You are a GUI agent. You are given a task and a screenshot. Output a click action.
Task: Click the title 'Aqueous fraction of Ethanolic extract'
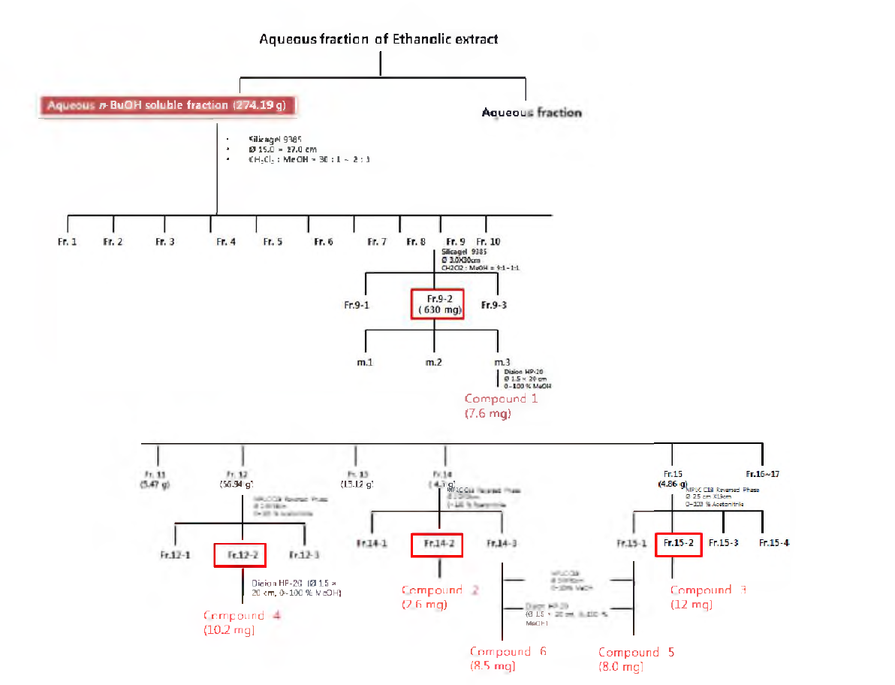tap(378, 38)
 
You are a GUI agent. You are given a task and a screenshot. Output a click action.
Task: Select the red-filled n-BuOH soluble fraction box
tap(167, 105)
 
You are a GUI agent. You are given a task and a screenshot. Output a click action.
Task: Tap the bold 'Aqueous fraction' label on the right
tap(531, 113)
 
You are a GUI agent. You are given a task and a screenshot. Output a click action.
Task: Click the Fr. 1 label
tap(68, 242)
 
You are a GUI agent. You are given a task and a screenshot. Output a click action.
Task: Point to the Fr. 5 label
tap(273, 242)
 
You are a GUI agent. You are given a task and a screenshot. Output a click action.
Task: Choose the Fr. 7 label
tap(377, 242)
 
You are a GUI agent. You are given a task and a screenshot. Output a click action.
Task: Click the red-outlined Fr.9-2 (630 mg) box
tap(438, 303)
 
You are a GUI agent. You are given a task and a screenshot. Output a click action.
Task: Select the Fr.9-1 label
tap(357, 305)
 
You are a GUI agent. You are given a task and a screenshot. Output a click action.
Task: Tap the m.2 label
tap(433, 362)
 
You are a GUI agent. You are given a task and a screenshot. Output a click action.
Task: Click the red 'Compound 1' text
tap(501, 399)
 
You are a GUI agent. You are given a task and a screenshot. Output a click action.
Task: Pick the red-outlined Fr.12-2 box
tap(237, 555)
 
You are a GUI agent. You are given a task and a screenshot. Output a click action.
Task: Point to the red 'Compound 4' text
tap(234, 615)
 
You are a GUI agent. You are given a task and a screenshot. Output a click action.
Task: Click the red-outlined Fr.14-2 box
tap(436, 544)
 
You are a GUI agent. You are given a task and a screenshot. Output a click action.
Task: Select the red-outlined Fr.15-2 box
tap(678, 543)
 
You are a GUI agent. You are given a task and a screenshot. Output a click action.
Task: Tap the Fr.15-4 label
tap(773, 543)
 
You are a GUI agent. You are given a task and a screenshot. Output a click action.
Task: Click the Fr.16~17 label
tap(763, 474)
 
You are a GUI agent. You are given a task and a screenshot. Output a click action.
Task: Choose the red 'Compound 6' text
tap(508, 651)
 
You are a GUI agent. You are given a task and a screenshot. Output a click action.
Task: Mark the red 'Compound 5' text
tap(636, 652)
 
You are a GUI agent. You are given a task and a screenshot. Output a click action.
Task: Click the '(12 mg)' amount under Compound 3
tap(691, 605)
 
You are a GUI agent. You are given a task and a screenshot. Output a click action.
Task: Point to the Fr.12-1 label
tap(175, 555)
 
